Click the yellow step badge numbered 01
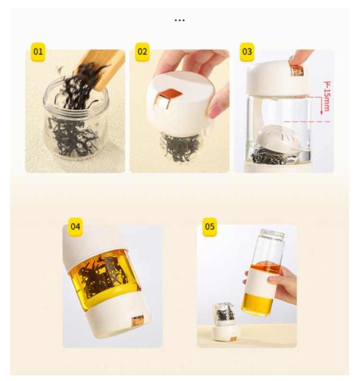[x=38, y=52]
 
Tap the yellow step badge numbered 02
[x=142, y=52]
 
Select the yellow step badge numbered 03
[x=247, y=52]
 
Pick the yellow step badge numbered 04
[x=75, y=227]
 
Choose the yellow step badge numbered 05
[x=210, y=227]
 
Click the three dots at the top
[x=180, y=20]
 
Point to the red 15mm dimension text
[x=327, y=96]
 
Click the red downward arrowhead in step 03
[x=321, y=113]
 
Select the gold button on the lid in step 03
[x=298, y=71]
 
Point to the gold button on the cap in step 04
[x=138, y=321]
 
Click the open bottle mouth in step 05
[x=273, y=232]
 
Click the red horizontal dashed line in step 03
[x=307, y=122]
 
